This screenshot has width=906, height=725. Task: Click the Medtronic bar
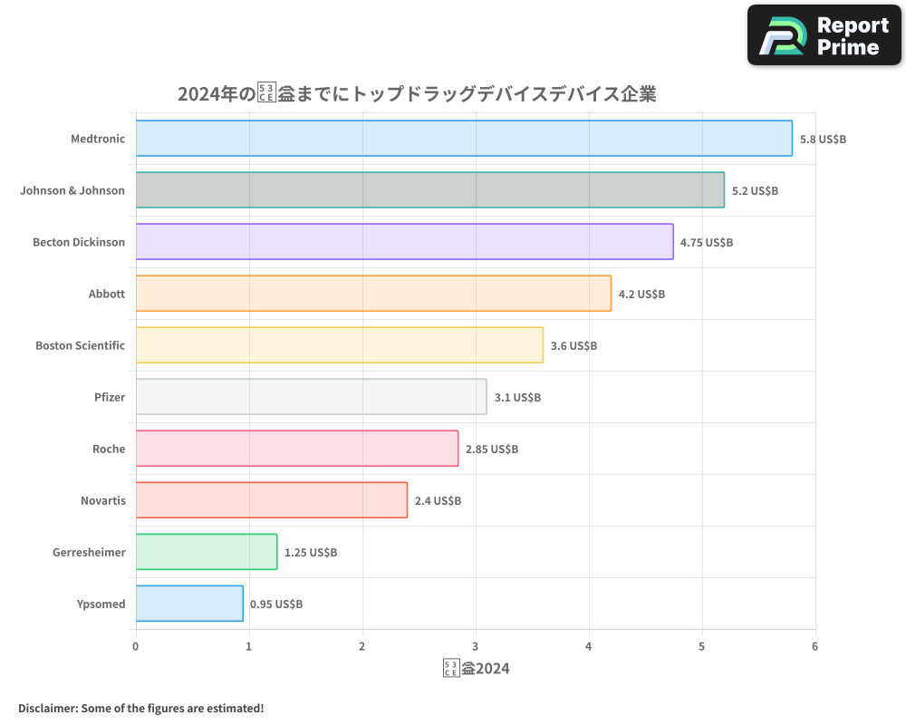coord(464,139)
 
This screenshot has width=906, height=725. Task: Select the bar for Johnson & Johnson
coord(430,190)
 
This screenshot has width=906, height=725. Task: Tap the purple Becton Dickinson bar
coord(405,242)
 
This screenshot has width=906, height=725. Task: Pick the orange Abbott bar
coord(373,294)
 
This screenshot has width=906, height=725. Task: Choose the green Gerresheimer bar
coord(207,552)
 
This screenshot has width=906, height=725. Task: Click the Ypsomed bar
coord(189,604)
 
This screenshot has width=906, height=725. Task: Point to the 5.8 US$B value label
coord(823,140)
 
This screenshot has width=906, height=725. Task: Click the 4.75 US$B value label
coord(707,243)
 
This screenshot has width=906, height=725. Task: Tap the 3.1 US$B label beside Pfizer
coord(517,398)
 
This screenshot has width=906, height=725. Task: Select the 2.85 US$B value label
coord(492,449)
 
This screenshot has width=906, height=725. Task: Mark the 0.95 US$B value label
coord(276,604)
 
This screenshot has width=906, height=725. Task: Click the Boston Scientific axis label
coord(80,345)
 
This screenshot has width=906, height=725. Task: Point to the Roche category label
coord(109,449)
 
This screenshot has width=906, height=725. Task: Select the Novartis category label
coord(103,500)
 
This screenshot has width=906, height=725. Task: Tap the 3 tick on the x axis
coord(476,646)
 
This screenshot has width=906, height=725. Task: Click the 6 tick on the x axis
coord(815,646)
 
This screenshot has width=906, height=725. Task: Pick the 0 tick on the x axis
coord(136,646)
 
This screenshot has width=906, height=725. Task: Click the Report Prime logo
coord(824,35)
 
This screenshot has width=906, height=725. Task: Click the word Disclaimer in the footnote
coord(47,708)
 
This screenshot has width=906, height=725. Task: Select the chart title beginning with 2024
coord(417,94)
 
